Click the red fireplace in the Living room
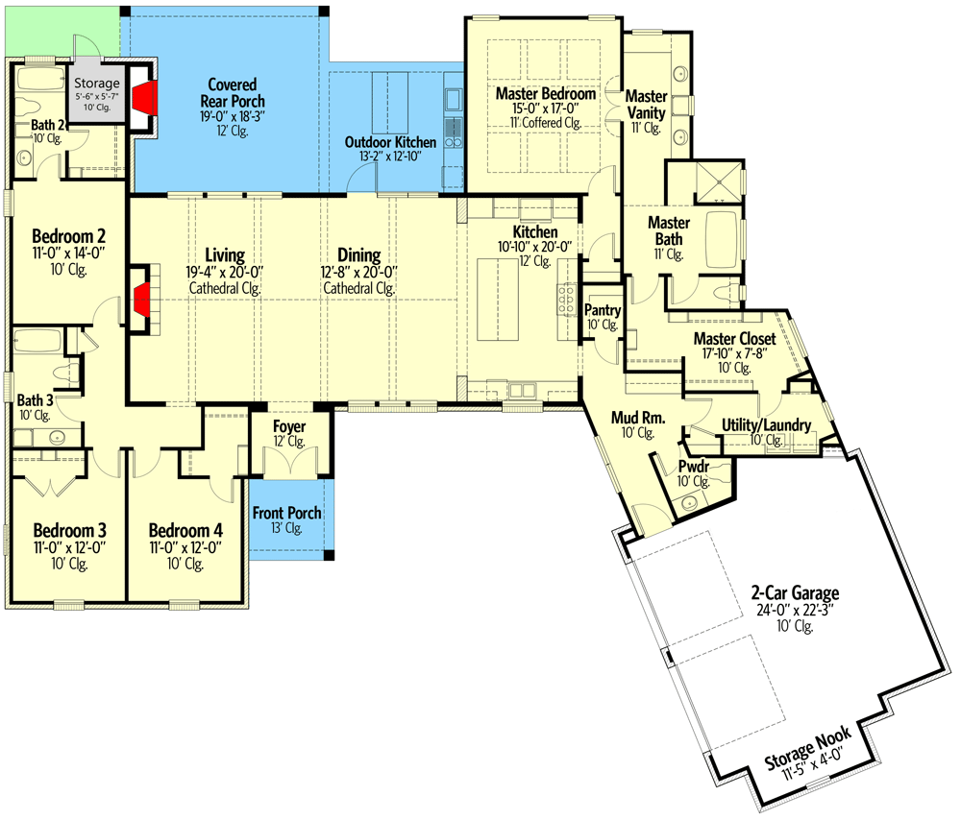point(141,299)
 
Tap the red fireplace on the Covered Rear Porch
point(145,98)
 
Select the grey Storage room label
point(97,83)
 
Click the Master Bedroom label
point(546,94)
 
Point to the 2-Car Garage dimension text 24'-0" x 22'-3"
point(795,610)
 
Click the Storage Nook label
point(808,747)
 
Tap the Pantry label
point(603,310)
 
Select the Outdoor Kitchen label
point(390,142)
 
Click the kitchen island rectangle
point(498,299)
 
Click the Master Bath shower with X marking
point(718,181)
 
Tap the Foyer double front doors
point(290,461)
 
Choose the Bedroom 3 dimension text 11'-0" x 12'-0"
point(69,547)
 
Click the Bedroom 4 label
point(185,530)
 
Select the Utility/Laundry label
point(766,425)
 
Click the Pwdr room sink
point(689,503)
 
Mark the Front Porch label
point(286,513)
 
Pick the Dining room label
point(359,254)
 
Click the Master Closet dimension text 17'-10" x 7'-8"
point(734,353)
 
